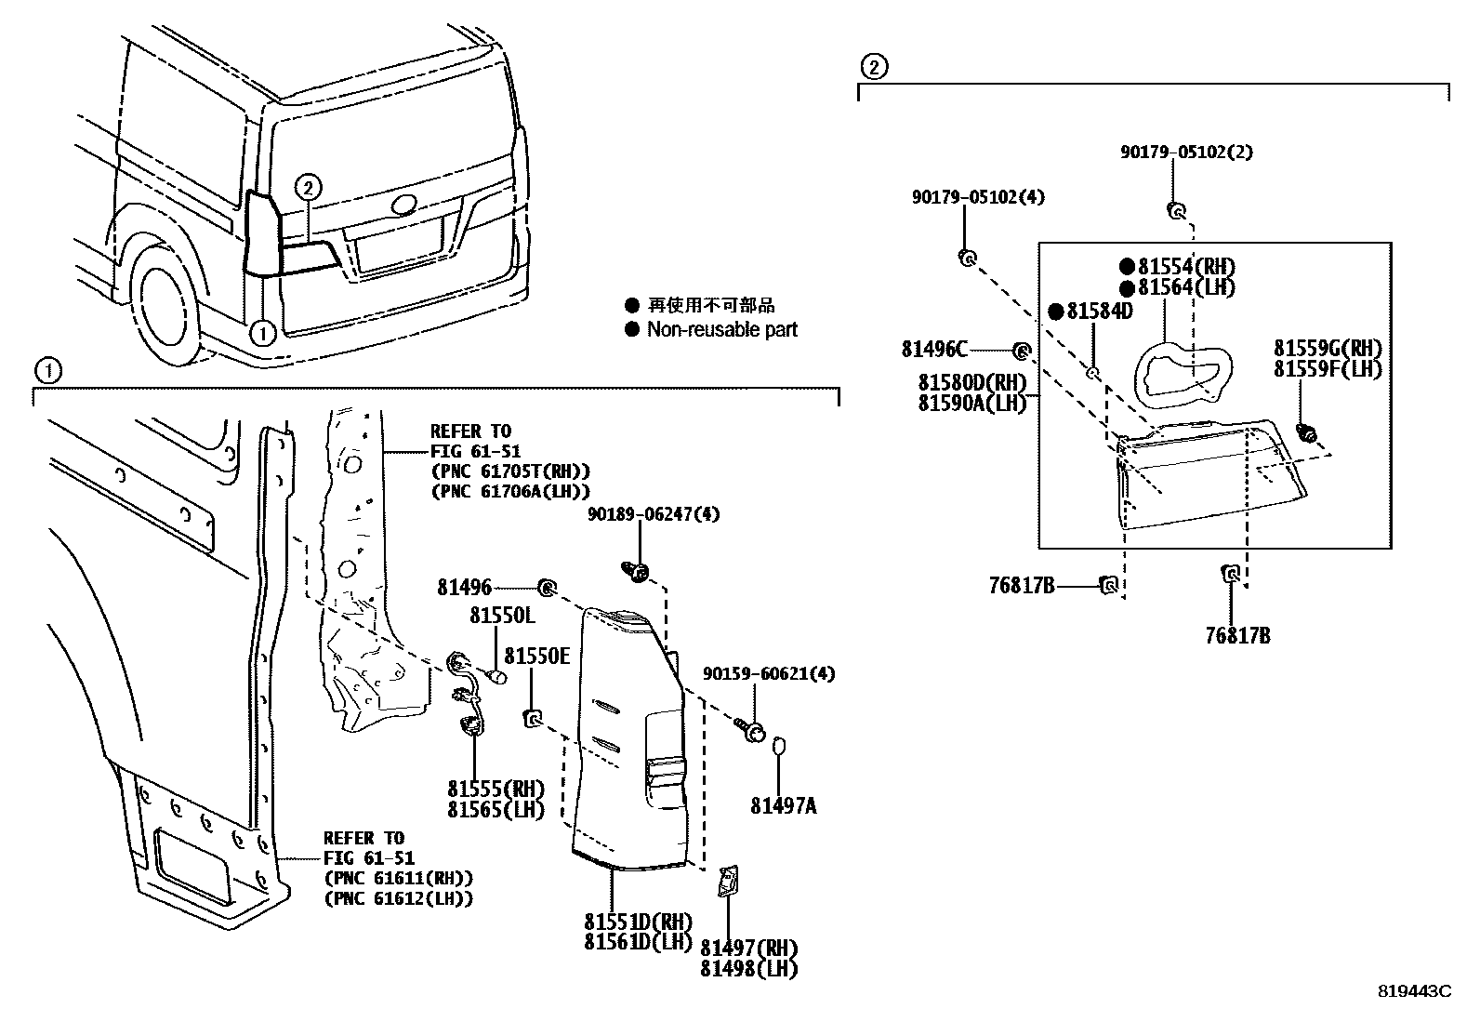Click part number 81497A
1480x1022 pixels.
point(783,806)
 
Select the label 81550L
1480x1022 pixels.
point(502,616)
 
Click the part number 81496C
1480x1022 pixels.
point(933,350)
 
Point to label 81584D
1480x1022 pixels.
point(1098,312)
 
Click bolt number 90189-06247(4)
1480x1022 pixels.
point(653,514)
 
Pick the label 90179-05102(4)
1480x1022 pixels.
point(978,197)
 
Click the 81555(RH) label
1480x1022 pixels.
point(495,789)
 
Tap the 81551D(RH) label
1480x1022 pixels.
point(638,922)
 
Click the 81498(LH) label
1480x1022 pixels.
point(748,968)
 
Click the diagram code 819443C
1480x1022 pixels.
point(1414,991)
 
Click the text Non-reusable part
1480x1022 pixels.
point(721,329)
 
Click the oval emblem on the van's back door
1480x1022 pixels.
point(403,205)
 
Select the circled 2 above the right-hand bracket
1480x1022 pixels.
point(873,66)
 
